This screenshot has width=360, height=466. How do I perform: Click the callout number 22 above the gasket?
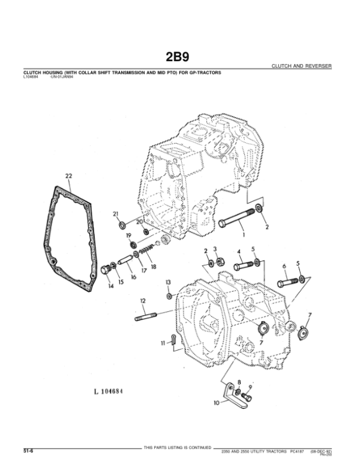tap(68, 176)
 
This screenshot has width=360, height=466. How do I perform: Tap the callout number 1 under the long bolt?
tap(244, 236)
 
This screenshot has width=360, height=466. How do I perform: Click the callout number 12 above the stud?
tap(143, 300)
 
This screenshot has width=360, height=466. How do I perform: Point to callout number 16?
tap(133, 278)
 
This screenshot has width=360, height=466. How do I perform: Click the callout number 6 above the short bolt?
tap(284, 266)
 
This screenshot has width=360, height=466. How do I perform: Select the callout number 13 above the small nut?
tap(169, 282)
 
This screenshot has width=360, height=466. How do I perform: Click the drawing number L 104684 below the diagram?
tap(108, 392)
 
